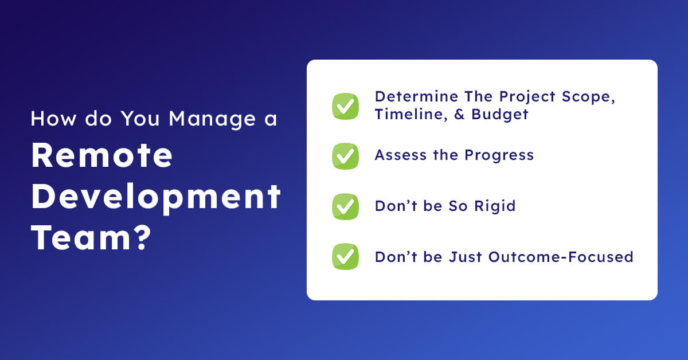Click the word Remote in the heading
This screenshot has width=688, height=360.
pos(102,155)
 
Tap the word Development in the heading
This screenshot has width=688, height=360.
pos(156,197)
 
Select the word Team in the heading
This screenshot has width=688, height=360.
pos(81,237)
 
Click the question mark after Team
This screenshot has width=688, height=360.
pos(143,237)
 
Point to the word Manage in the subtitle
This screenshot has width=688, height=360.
pos(212,119)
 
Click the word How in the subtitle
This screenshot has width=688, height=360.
pos(53,119)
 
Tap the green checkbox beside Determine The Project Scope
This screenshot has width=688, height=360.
pos(345,106)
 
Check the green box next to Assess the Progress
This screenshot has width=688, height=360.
pos(345,156)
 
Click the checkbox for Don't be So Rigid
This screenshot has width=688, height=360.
pos(345,206)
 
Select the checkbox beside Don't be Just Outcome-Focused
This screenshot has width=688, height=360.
pos(345,256)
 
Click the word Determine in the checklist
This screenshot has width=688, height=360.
pos(416,96)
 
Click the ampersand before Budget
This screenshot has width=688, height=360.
pos(459,114)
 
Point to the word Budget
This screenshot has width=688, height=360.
pos(500,115)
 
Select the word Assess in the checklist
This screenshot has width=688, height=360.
pos(401,155)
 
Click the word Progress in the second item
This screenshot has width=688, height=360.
pos(499,155)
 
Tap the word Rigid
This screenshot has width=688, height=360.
pos(495,206)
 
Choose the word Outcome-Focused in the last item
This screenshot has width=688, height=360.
pos(561,257)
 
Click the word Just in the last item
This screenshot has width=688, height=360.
pos(466,257)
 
